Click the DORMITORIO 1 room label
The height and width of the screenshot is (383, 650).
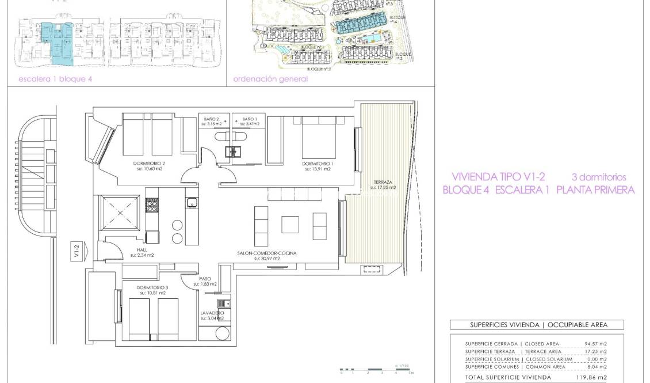coord(317,164)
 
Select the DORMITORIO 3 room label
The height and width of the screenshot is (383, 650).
coord(152,287)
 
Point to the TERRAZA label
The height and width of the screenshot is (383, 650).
coord(382,182)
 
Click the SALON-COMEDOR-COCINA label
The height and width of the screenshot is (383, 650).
coord(266,253)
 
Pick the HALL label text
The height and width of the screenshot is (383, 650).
coord(142,250)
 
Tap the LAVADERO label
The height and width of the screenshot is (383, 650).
coord(212,313)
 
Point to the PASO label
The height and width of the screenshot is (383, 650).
coord(205,278)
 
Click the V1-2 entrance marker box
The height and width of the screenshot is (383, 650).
coord(76,251)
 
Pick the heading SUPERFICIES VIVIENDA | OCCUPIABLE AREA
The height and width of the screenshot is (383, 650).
coord(538,325)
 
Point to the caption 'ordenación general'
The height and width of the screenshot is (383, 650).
coord(270,79)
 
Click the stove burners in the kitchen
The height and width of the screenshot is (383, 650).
coord(152,207)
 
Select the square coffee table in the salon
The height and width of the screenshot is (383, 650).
coord(289,223)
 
